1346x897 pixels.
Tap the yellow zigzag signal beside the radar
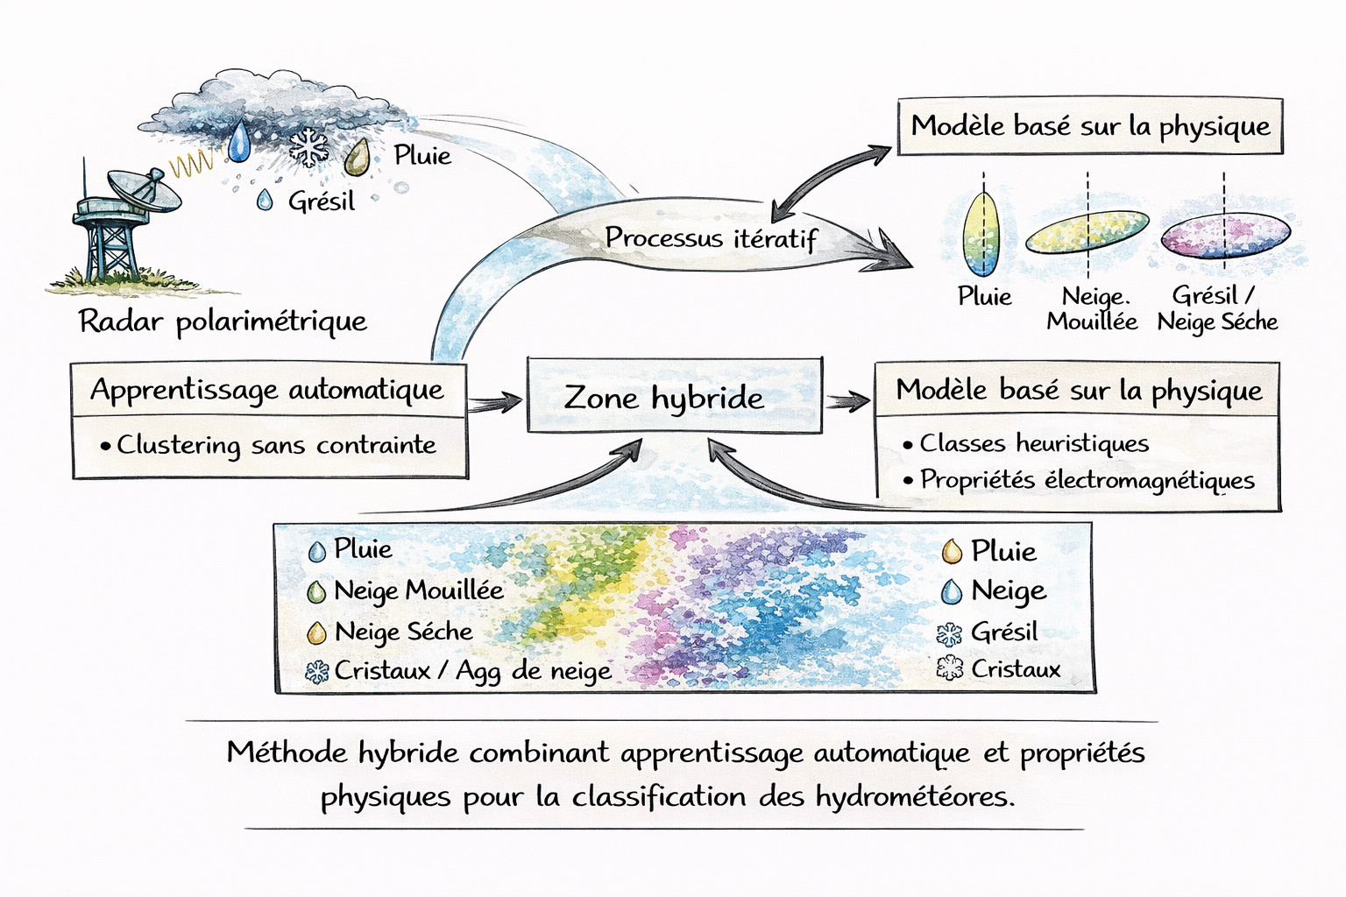coord(192,163)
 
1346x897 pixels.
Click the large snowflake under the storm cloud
coord(308,146)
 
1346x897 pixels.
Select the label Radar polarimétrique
coord(223,321)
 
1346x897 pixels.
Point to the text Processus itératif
coord(710,238)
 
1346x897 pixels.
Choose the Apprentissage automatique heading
coord(267,389)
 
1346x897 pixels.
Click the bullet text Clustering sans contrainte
coord(276,445)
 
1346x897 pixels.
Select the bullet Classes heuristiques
coord(1033,443)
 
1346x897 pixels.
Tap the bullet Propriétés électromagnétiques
coord(1087,480)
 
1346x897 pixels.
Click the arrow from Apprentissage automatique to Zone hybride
coord(495,404)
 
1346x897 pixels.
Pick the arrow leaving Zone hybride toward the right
coord(847,401)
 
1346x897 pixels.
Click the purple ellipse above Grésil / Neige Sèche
coord(1224,235)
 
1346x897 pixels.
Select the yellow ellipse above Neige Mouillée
coord(1087,231)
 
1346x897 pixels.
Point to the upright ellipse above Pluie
coord(981,233)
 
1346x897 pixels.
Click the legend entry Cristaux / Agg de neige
coord(471,671)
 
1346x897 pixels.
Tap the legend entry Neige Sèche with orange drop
coord(402,632)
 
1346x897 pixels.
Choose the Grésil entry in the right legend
coord(1002,632)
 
